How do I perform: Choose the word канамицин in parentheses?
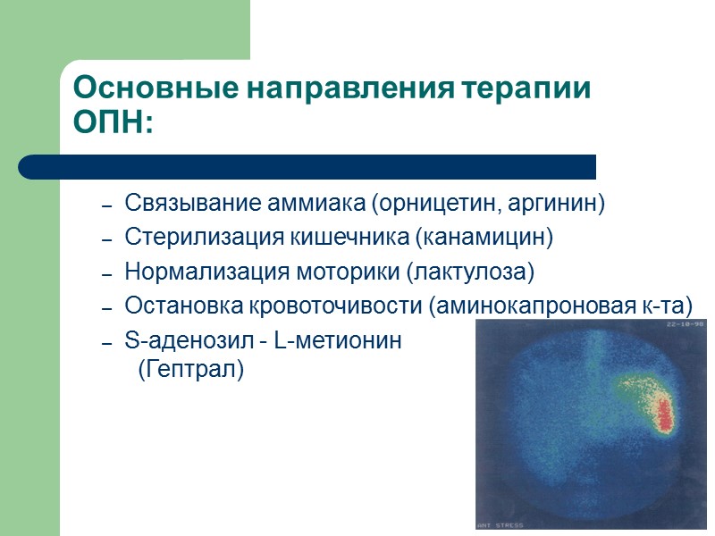pyautogui.click(x=497, y=238)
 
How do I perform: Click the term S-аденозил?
pyautogui.click(x=175, y=340)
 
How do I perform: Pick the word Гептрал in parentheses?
pyautogui.click(x=191, y=368)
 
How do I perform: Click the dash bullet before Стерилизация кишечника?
pyautogui.click(x=106, y=239)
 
